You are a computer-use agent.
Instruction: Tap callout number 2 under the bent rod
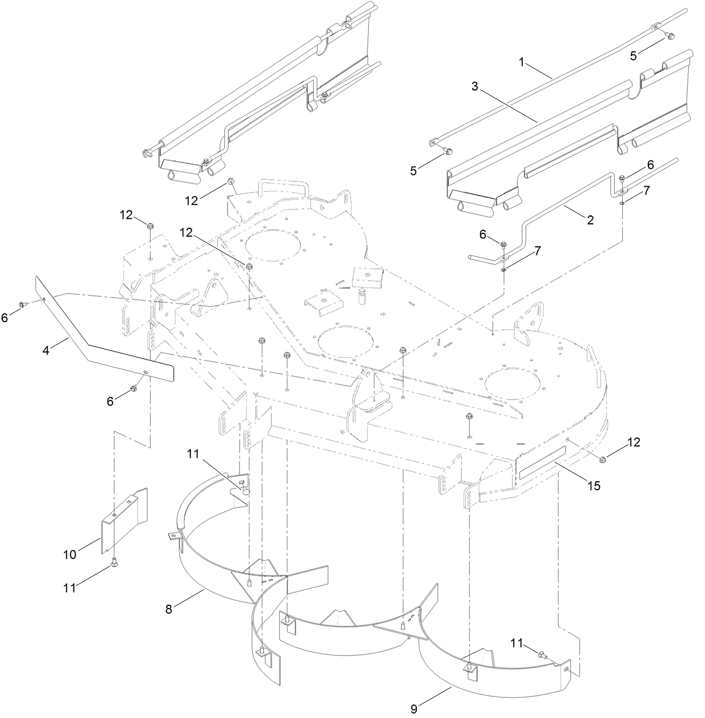(x=590, y=220)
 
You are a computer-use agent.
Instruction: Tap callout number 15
(x=593, y=486)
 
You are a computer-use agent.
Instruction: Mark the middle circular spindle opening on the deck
(x=342, y=341)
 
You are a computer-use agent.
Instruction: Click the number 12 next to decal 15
(x=633, y=443)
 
